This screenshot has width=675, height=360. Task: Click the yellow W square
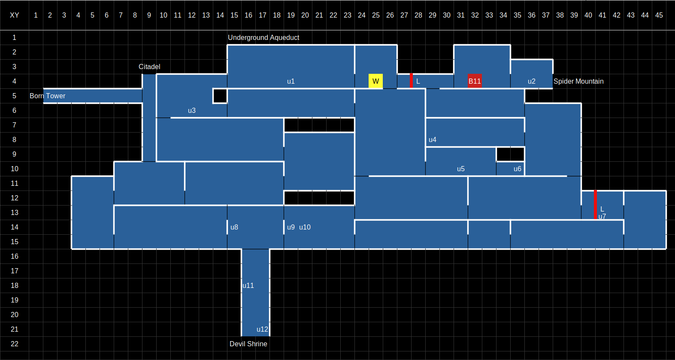[375, 81]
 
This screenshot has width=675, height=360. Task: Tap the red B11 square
[475, 81]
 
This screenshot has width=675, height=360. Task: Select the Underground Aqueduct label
[263, 38]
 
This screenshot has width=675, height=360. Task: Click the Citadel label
[149, 67]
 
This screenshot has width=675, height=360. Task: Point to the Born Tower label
[47, 96]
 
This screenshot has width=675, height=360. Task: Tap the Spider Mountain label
[578, 82]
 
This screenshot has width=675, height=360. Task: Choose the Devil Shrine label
[248, 344]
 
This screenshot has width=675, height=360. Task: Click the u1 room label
[291, 82]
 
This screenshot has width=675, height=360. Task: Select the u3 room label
[192, 111]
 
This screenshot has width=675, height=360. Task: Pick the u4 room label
[433, 140]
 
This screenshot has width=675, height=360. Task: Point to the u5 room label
[461, 169]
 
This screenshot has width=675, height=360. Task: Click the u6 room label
[518, 169]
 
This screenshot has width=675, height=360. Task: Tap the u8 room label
[234, 227]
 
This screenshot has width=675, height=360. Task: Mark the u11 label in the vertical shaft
[248, 286]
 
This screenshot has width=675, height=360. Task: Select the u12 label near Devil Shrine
[262, 330]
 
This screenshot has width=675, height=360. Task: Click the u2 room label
[532, 82]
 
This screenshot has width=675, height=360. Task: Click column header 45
[659, 15]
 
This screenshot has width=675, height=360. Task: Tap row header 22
[15, 344]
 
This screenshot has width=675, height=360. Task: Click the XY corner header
[15, 15]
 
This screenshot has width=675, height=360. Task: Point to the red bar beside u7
[595, 205]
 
